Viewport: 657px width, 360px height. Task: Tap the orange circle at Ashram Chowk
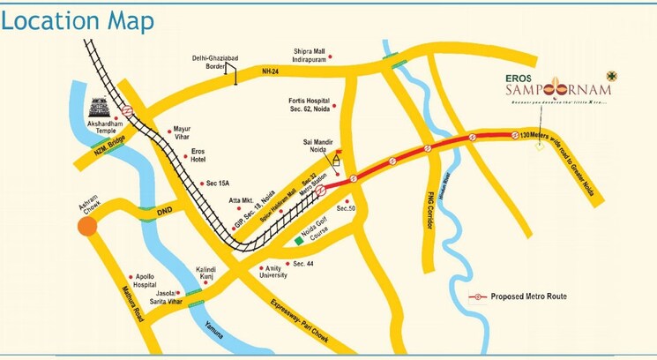tap(86, 227)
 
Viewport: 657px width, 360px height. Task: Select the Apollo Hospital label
tap(144, 280)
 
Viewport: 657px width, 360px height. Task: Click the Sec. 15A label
tap(217, 184)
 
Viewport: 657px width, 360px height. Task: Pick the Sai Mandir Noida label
tap(317, 144)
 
